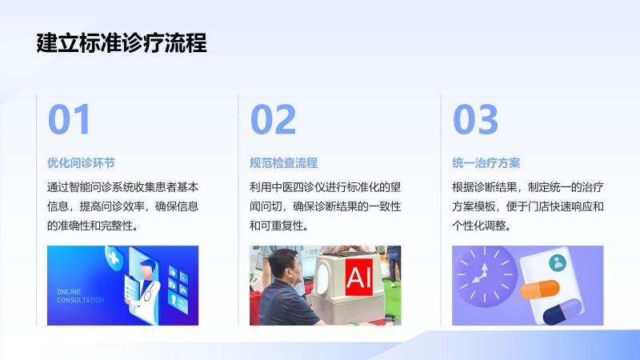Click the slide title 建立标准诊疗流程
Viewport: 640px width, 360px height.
point(122,43)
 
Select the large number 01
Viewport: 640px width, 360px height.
point(69,118)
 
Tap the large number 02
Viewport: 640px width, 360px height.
point(273,118)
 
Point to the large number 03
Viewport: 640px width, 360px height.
point(475,118)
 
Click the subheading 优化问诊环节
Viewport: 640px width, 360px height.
point(81,163)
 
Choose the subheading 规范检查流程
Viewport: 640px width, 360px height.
point(284,163)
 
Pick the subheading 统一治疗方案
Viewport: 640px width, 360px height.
point(486,163)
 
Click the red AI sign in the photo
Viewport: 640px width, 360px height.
point(358,277)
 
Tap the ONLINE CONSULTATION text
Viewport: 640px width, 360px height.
point(81,296)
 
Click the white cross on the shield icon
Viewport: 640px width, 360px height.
point(114,257)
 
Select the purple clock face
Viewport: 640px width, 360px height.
point(485,276)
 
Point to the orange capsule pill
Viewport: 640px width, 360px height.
point(539,289)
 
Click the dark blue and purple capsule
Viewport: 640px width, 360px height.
point(562,311)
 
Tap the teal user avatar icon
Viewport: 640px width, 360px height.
point(557,263)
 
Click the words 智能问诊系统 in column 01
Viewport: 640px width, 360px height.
point(101,187)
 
